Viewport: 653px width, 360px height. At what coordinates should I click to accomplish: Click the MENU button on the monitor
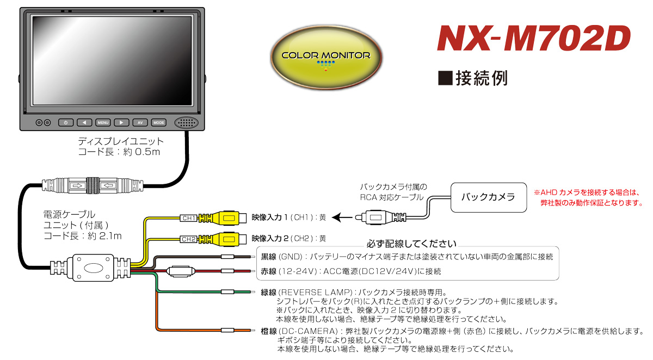coord(103,122)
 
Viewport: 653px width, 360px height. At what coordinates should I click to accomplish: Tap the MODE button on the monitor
coord(158,122)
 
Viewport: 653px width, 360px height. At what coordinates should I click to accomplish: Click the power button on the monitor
coord(66,122)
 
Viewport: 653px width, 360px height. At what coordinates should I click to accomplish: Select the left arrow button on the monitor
coord(84,122)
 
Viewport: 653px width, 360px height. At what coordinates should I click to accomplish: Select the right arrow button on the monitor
coord(121,122)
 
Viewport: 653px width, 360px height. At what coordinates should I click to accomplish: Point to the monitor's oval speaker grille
coord(186,122)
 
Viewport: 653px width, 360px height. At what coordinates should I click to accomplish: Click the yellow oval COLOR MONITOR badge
coord(326,57)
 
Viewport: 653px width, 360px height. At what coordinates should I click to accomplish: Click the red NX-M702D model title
coord(533,39)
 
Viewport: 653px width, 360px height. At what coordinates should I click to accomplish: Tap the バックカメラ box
coord(489,197)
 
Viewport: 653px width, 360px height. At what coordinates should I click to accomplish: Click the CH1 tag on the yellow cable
coord(189,218)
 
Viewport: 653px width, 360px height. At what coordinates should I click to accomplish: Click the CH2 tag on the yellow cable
coord(189,239)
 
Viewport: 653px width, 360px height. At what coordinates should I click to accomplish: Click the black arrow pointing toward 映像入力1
coord(342,218)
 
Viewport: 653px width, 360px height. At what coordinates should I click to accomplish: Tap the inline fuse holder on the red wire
coord(181,271)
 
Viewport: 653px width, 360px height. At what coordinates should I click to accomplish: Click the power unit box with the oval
coord(93,268)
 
